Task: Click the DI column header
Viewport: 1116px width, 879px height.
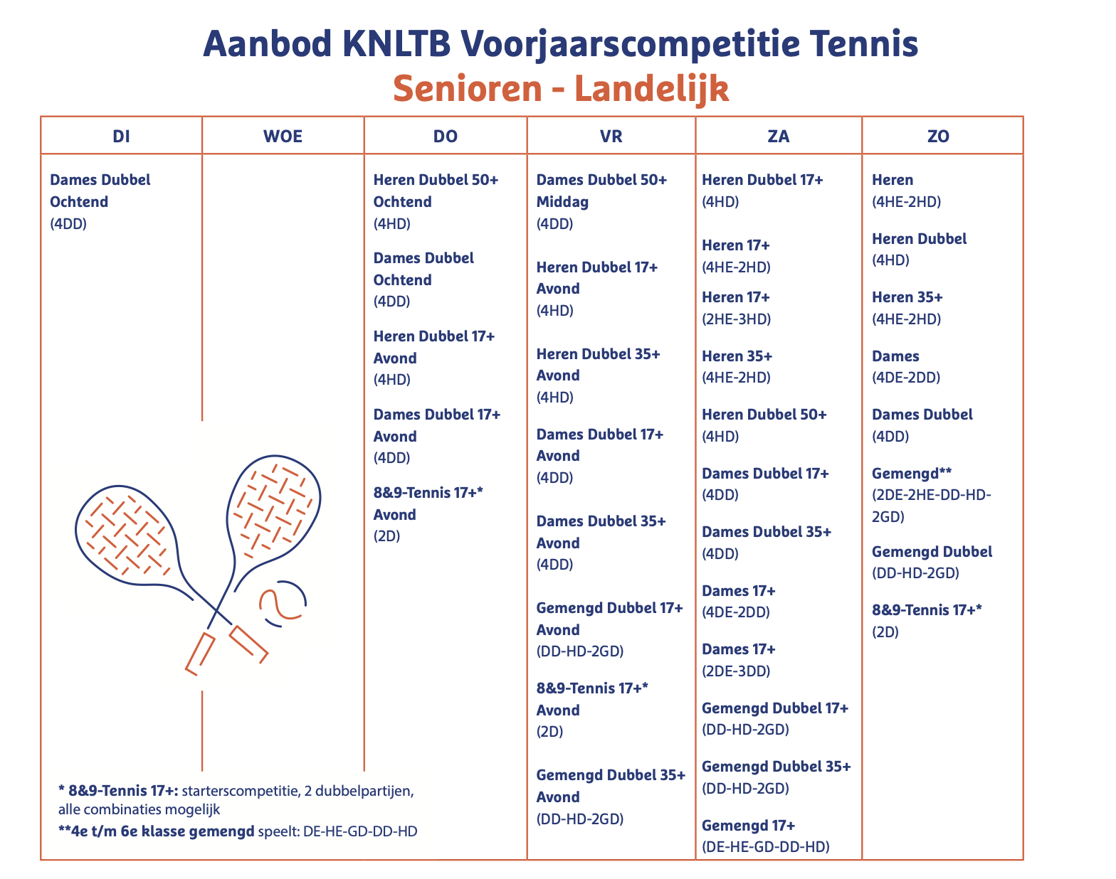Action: point(121,136)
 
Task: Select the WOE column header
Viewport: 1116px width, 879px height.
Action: point(283,136)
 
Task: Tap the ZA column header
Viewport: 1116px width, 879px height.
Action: point(779,136)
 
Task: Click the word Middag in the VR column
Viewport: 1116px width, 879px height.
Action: point(562,202)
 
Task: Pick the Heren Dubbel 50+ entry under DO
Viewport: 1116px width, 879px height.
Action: point(436,180)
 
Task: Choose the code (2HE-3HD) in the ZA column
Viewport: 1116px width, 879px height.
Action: point(736,319)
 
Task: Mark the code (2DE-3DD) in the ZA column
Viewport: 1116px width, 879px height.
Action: point(736,671)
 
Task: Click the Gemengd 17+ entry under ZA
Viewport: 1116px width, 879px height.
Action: point(748,825)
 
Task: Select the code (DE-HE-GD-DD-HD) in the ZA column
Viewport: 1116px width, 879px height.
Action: point(766,846)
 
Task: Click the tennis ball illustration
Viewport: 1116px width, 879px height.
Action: point(283,604)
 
